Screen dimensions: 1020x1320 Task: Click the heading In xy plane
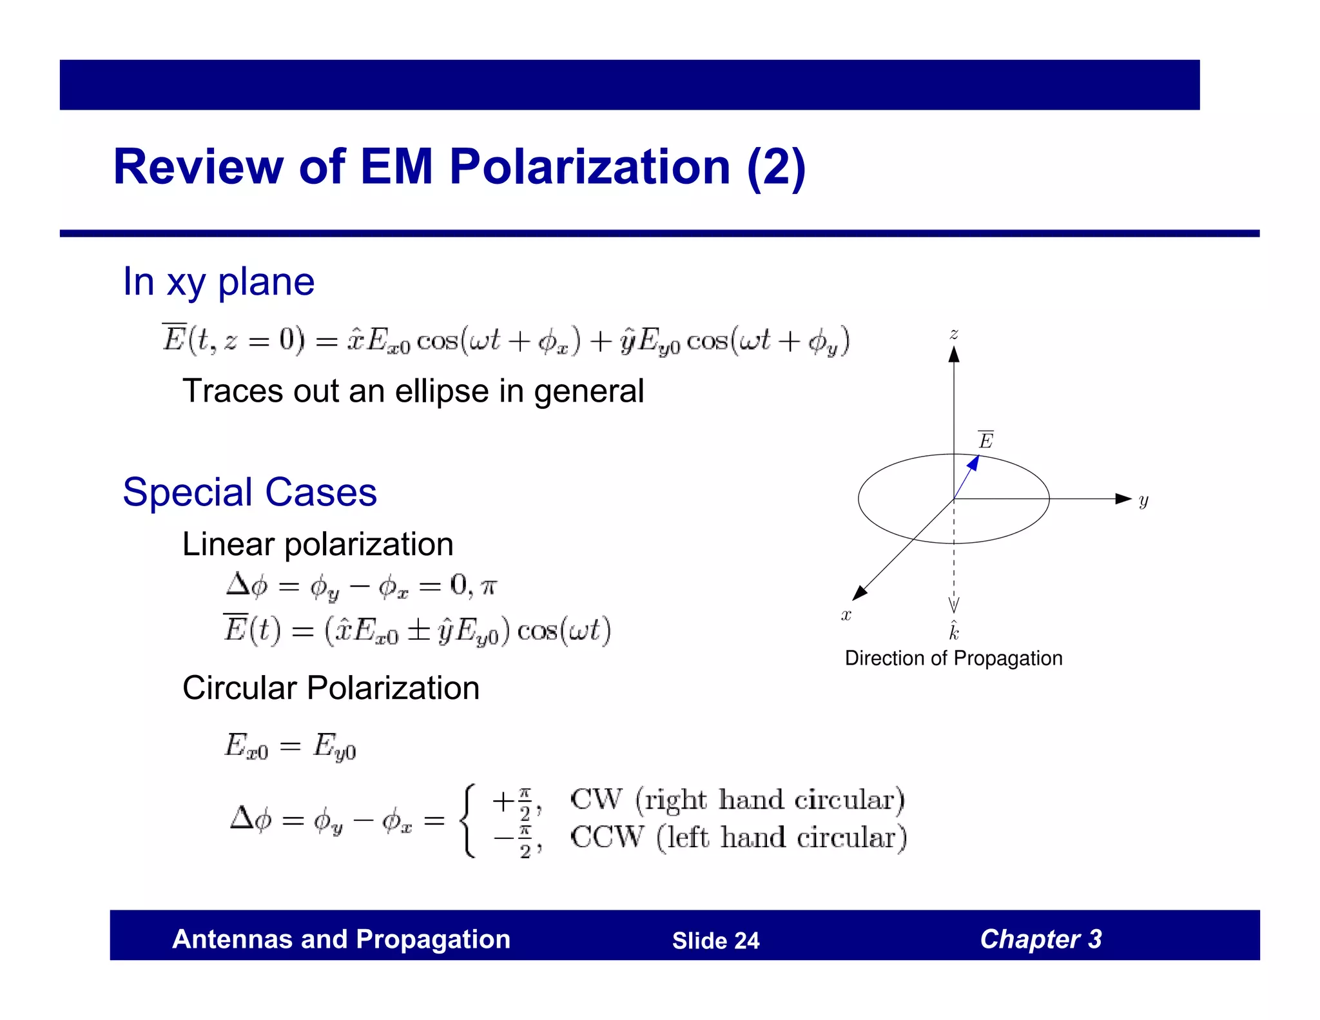218,282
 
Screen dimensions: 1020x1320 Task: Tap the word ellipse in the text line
442,391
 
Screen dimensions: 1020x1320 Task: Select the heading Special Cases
249,492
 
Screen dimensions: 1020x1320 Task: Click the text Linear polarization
318,544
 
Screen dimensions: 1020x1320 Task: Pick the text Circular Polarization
331,688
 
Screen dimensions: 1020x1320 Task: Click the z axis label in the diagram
954,334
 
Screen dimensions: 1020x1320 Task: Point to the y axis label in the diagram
1143,500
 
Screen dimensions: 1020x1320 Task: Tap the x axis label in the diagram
846,615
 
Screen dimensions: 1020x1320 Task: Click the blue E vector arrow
967,476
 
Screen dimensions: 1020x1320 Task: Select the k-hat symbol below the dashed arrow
954,631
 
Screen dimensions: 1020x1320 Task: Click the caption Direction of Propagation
953,658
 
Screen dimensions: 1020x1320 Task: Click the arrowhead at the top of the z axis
954,354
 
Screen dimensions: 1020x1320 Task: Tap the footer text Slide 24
715,941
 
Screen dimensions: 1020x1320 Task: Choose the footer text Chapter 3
1040,939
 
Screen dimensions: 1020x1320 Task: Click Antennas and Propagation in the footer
341,939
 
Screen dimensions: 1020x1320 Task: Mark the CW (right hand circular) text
737,800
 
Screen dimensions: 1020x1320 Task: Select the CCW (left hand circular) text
739,838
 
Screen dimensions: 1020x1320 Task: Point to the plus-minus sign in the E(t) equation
420,631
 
